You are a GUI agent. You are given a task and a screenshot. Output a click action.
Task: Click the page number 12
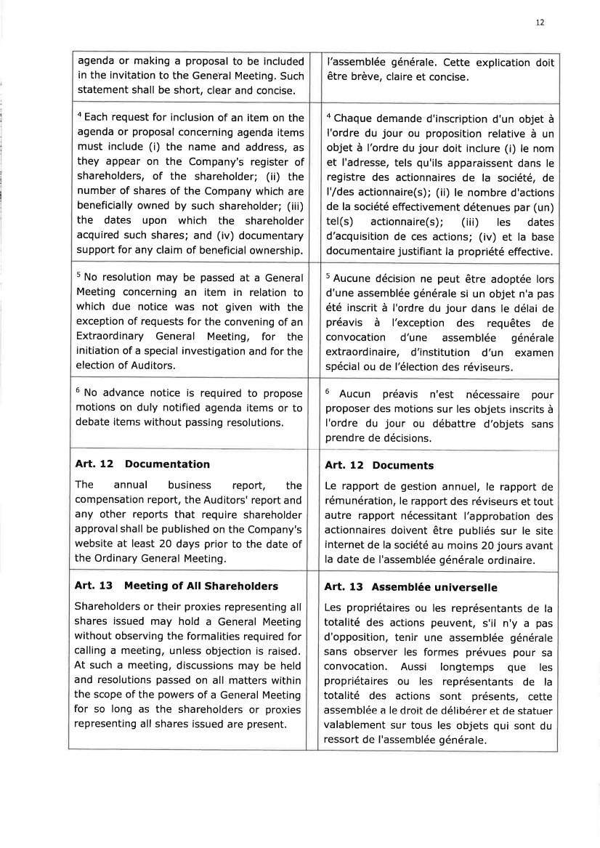[540, 23]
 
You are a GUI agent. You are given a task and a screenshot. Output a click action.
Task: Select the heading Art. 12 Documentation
[142, 464]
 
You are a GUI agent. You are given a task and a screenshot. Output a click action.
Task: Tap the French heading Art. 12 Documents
[378, 465]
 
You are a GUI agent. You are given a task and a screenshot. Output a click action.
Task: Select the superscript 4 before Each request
[78, 115]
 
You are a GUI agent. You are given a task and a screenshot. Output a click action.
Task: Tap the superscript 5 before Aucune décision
[328, 277]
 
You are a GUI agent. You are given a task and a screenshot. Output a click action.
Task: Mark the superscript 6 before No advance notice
[78, 391]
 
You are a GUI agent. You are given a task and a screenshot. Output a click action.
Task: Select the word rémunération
[359, 501]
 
